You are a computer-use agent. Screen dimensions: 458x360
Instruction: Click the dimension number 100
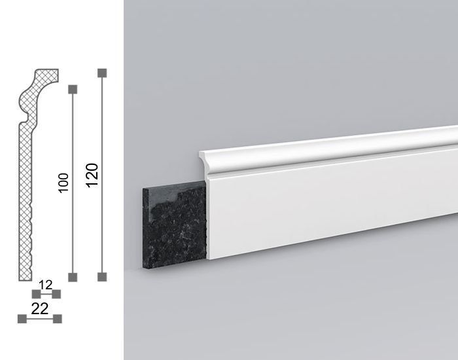coord(63,183)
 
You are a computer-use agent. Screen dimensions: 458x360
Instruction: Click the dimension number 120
coord(92,175)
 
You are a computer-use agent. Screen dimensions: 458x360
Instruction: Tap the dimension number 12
coord(45,285)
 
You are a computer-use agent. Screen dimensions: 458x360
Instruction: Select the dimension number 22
coord(40,308)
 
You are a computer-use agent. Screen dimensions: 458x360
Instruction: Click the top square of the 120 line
coord(102,73)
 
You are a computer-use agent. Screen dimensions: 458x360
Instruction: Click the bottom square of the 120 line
coord(102,277)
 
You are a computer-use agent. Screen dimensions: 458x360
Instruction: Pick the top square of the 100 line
coord(73,89)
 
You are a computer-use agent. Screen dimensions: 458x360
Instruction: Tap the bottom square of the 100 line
coord(73,277)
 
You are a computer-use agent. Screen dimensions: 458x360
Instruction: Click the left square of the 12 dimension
coord(36,294)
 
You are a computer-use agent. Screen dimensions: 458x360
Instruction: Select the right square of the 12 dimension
coord(56,294)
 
